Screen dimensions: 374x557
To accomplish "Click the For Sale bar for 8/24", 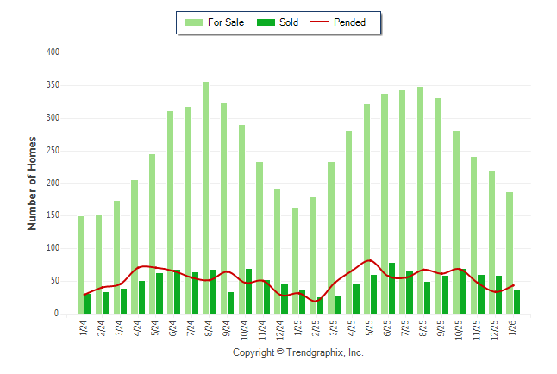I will pyautogui.click(x=205, y=198).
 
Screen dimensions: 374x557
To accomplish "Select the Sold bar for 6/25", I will pyautogui.click(x=392, y=289).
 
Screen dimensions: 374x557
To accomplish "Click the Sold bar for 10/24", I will pyautogui.click(x=249, y=291).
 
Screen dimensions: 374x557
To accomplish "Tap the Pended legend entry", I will pyautogui.click(x=344, y=22).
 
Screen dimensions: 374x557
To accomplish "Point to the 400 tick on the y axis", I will pyautogui.click(x=53, y=53).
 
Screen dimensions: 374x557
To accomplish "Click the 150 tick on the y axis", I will pyautogui.click(x=53, y=216).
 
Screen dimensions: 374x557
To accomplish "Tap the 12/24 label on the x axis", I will pyautogui.click(x=279, y=331).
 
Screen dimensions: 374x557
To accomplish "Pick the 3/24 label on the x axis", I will pyautogui.click(x=120, y=329).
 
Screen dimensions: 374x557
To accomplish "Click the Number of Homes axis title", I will pyautogui.click(x=32, y=183).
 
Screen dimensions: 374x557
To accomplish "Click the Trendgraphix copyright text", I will pyautogui.click(x=298, y=353).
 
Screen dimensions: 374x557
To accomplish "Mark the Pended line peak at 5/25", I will pyautogui.click(x=369, y=260).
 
